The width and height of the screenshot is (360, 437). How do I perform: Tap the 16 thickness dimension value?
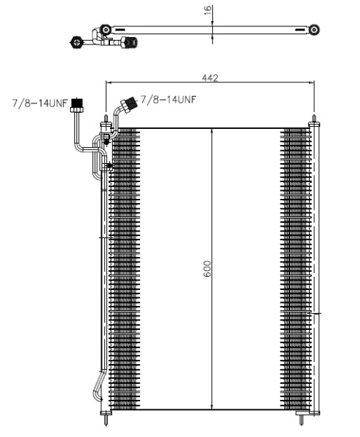click(x=208, y=10)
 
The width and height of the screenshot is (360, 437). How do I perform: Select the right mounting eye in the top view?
click(x=314, y=30)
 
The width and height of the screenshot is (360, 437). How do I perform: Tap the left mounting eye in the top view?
click(x=106, y=30)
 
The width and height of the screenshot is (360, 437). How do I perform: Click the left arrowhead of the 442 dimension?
click(x=110, y=82)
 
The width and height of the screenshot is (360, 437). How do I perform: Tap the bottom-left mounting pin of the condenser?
click(x=107, y=420)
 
